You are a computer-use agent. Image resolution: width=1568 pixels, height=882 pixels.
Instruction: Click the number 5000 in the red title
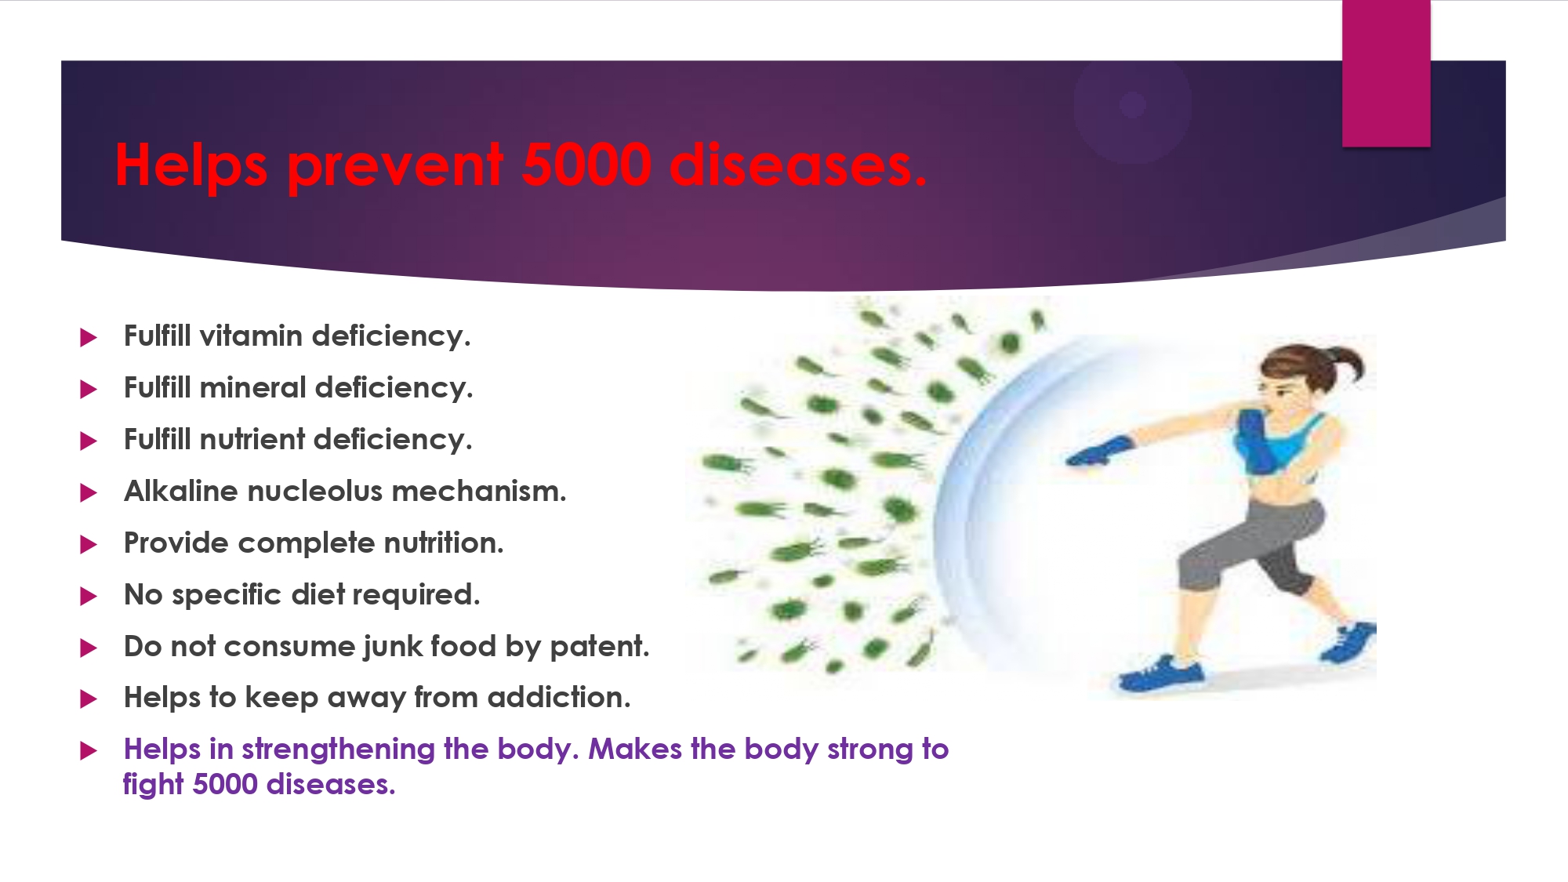pyautogui.click(x=586, y=165)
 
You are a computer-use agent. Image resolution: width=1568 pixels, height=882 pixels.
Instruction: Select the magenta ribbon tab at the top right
pyautogui.click(x=1386, y=73)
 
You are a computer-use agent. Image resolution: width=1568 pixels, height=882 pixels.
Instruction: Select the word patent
pyautogui.click(x=600, y=647)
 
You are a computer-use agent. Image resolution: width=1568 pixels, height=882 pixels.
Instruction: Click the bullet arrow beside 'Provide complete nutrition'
pyautogui.click(x=89, y=544)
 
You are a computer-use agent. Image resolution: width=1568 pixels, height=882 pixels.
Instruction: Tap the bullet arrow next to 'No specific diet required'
pyautogui.click(x=89, y=596)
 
